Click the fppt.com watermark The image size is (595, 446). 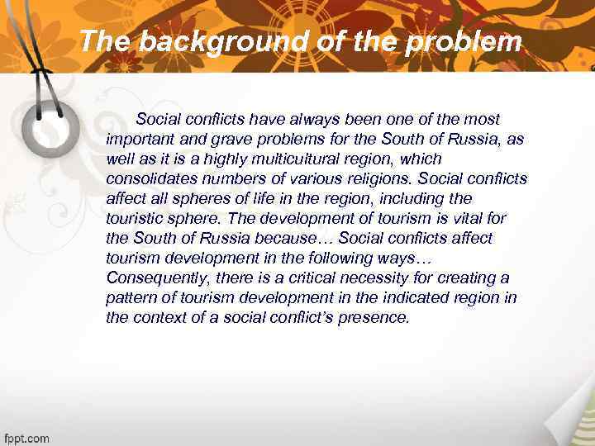click(26, 438)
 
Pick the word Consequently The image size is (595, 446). click(157, 278)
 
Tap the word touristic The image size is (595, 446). click(132, 218)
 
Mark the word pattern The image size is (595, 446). click(130, 297)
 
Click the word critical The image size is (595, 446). click(318, 278)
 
